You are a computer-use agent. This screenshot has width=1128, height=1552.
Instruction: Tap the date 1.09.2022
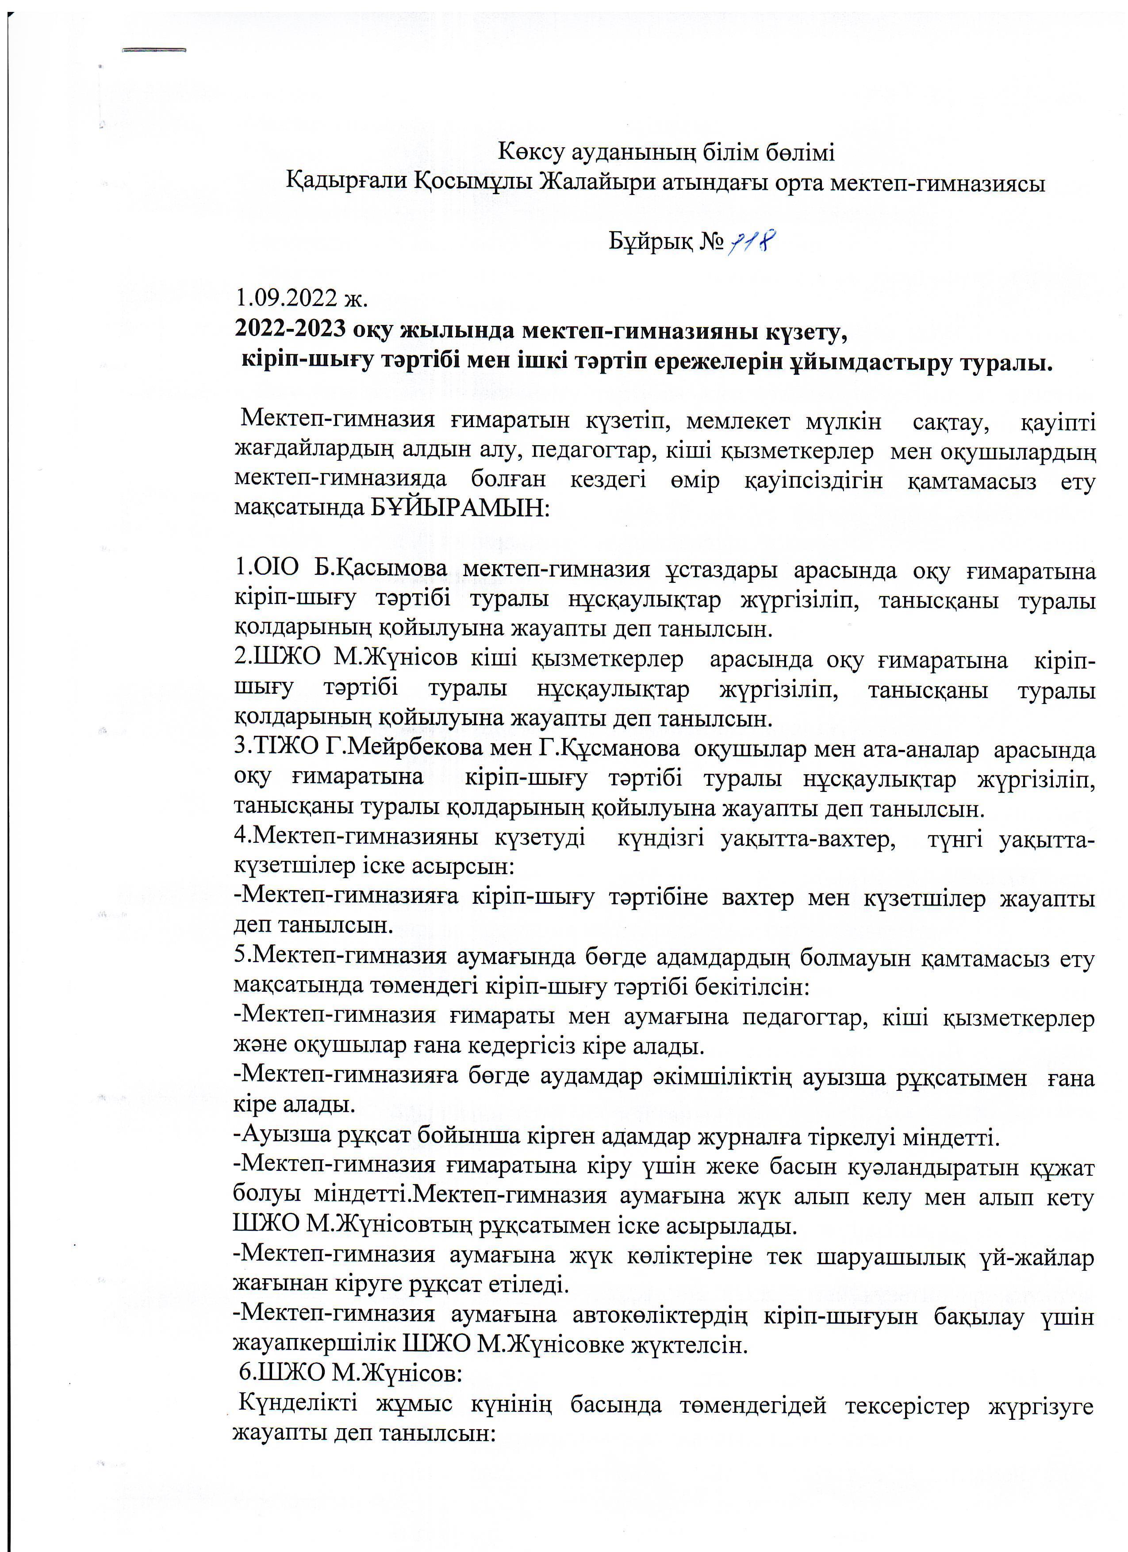click(287, 299)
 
